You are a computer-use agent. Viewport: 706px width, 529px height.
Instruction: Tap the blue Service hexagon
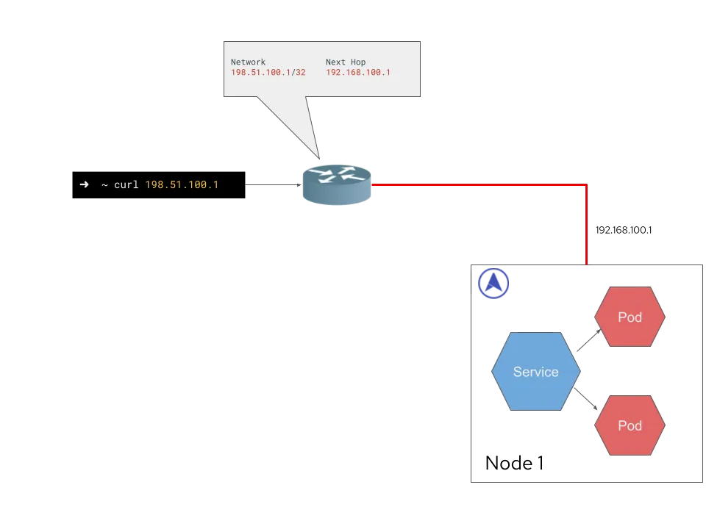click(535, 372)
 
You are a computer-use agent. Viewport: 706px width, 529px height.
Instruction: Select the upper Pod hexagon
click(630, 317)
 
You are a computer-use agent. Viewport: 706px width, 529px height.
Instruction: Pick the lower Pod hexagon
click(630, 425)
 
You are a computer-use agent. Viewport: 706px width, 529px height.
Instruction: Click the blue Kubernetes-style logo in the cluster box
click(493, 284)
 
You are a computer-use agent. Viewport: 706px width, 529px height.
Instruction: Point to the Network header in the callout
click(248, 62)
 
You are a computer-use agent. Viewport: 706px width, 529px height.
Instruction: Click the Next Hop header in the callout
click(346, 62)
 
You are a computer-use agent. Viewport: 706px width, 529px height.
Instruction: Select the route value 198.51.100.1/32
click(268, 73)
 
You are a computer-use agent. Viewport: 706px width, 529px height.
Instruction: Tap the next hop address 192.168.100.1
click(358, 73)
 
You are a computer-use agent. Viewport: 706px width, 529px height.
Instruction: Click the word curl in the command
click(126, 184)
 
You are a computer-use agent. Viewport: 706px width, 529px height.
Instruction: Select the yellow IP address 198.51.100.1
click(182, 184)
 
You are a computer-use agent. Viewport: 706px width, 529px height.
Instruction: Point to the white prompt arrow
click(84, 184)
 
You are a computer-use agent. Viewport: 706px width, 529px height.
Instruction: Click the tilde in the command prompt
click(104, 184)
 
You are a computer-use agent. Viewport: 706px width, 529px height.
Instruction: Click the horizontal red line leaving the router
click(478, 185)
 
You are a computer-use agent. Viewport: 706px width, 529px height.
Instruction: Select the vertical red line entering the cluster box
click(586, 228)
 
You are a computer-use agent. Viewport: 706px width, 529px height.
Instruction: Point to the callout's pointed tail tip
click(320, 156)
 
